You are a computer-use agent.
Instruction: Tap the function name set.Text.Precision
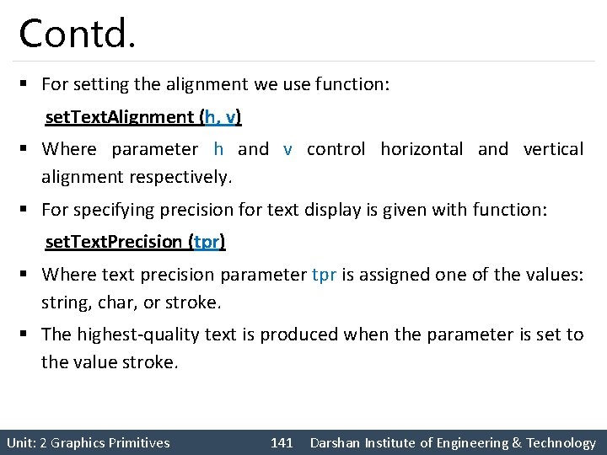[113, 242]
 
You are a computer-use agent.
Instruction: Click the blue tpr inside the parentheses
[207, 242]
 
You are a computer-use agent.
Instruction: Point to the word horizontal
[422, 149]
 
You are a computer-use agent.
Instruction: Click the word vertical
[553, 149]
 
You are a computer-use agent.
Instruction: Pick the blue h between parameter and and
[218, 149]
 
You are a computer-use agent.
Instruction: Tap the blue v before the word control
[288, 149]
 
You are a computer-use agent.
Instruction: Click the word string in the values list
[63, 302]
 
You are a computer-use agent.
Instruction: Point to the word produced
[294, 335]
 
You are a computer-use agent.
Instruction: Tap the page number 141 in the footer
[282, 443]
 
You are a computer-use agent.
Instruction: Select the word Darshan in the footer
[336, 443]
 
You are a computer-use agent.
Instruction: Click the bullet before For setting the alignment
[27, 84]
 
